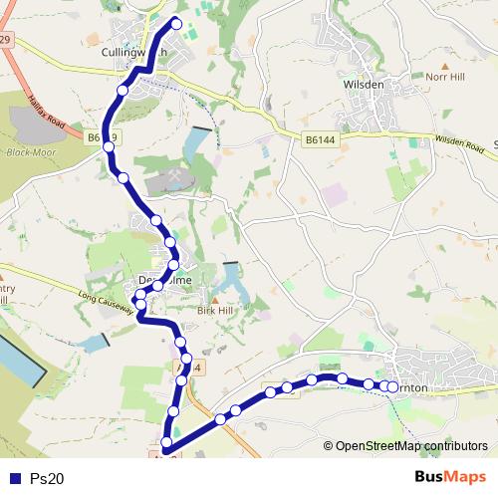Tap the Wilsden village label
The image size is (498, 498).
point(363,85)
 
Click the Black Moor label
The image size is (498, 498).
point(27,153)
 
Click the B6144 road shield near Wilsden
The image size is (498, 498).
point(320,140)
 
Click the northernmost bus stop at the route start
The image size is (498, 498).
point(177,23)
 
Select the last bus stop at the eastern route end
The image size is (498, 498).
point(393,387)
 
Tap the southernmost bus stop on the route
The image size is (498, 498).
point(166,442)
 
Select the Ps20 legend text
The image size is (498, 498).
point(47,478)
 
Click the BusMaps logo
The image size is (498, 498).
point(451,476)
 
